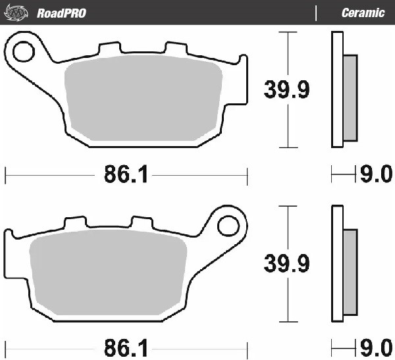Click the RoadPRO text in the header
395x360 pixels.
tap(61, 13)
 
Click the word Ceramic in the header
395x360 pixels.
tap(363, 13)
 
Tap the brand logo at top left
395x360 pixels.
tap(18, 13)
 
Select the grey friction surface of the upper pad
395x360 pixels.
tap(145, 99)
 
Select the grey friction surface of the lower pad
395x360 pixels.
tap(109, 273)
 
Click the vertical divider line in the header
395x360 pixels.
tap(317, 13)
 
